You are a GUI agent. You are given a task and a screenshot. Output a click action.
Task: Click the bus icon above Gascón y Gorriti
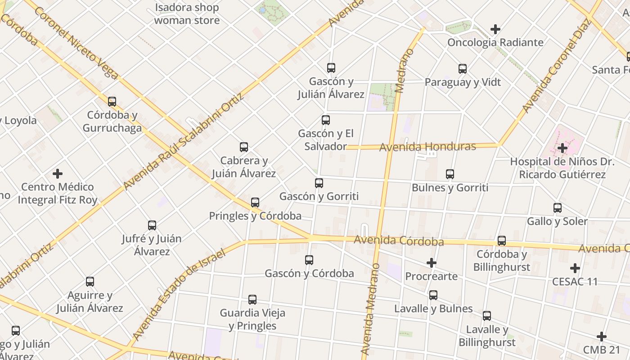pyautogui.click(x=319, y=183)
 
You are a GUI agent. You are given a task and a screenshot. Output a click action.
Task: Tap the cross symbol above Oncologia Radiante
pyautogui.click(x=495, y=29)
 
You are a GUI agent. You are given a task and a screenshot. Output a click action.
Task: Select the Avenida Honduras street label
pyautogui.click(x=427, y=147)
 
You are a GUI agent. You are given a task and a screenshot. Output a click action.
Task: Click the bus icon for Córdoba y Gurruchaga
pyautogui.click(x=112, y=102)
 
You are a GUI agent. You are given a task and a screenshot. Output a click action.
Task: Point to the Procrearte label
pyautogui.click(x=431, y=276)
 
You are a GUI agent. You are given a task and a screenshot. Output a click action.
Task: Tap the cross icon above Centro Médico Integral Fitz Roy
pyautogui.click(x=58, y=173)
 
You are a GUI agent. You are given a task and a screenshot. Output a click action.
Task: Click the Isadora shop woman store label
pyautogui.click(x=187, y=14)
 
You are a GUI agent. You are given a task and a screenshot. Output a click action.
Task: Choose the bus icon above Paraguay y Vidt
pyautogui.click(x=463, y=69)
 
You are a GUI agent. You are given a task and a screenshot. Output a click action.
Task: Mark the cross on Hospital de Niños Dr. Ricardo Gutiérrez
pyautogui.click(x=562, y=148)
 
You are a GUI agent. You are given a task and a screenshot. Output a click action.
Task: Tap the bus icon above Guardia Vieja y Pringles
pyautogui.click(x=252, y=300)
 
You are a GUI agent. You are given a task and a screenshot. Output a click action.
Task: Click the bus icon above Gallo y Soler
pyautogui.click(x=558, y=208)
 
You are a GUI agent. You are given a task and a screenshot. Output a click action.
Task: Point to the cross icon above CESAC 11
pyautogui.click(x=575, y=268)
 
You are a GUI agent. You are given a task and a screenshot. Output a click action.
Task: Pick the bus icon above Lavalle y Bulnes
pyautogui.click(x=433, y=295)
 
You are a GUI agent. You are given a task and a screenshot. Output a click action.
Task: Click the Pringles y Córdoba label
pyautogui.click(x=255, y=216)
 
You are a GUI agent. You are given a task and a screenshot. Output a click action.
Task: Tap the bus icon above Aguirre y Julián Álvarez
pyautogui.click(x=90, y=282)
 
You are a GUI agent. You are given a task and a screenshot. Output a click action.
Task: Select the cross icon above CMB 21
pyautogui.click(x=602, y=337)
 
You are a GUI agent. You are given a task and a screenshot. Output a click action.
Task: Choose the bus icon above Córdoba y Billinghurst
pyautogui.click(x=502, y=241)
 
